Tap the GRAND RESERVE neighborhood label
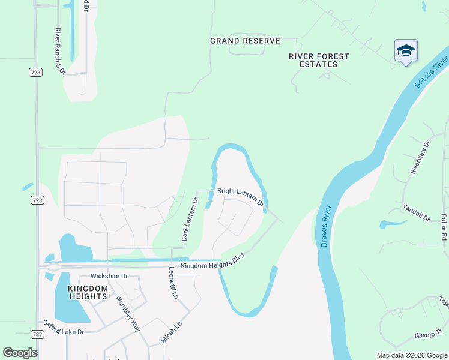245,41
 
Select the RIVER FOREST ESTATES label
319,61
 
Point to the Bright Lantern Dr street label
241,196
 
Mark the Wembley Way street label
128,314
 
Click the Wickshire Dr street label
109,277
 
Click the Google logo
20,352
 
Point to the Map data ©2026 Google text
411,355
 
